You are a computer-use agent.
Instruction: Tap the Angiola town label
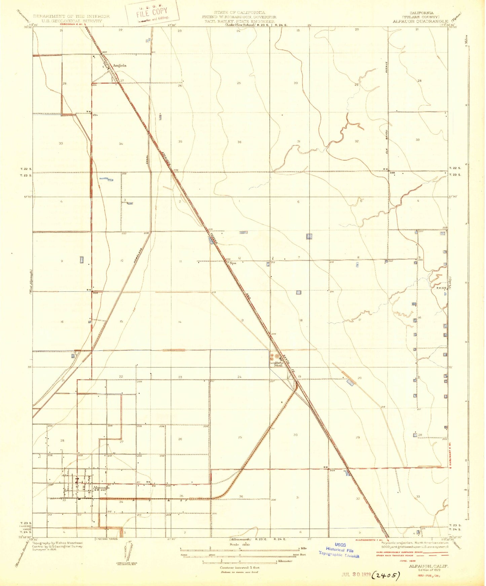119,66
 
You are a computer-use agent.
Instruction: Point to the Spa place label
233,263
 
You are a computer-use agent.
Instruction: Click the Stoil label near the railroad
278,365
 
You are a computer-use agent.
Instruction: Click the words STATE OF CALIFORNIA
239,12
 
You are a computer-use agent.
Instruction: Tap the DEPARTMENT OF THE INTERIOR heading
71,16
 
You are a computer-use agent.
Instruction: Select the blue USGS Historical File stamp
339,550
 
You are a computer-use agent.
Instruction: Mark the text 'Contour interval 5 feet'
239,567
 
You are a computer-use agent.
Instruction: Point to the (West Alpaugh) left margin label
30,282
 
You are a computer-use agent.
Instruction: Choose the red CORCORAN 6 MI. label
73,24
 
